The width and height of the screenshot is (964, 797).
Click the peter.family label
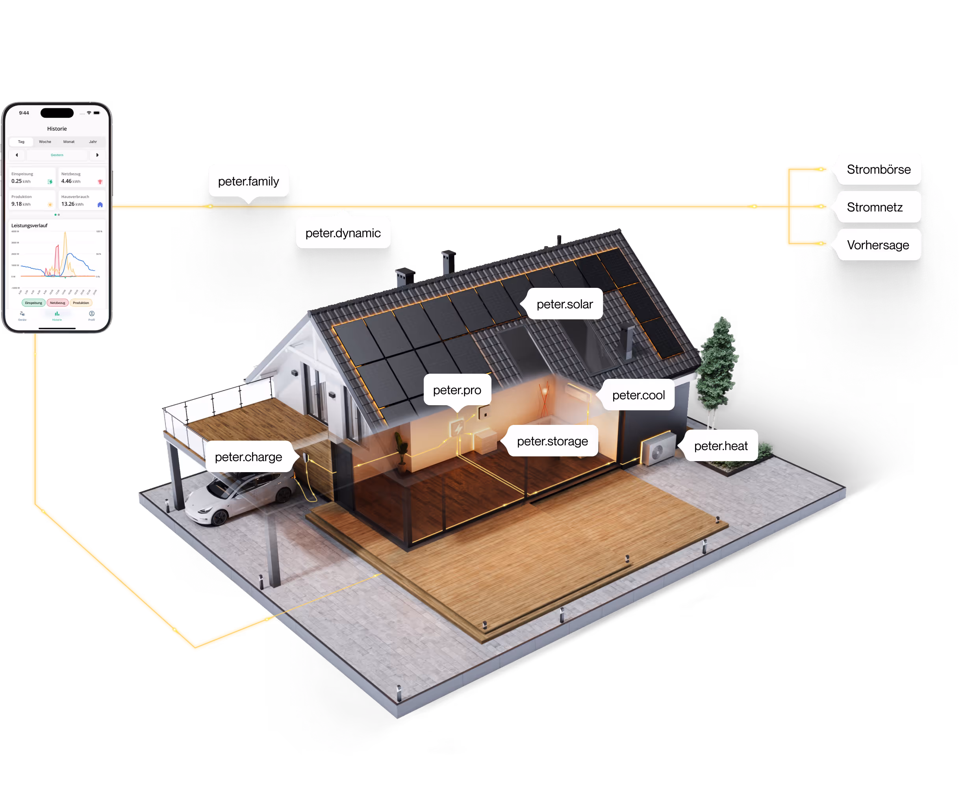(248, 182)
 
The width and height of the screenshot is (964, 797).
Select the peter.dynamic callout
(343, 233)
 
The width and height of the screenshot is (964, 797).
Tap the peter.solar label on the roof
(564, 304)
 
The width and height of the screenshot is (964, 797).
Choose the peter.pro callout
(457, 390)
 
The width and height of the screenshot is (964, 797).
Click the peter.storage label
(552, 441)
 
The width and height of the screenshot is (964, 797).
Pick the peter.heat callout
(720, 445)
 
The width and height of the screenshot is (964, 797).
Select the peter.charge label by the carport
(248, 457)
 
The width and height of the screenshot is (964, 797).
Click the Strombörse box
(878, 169)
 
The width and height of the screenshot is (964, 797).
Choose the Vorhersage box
(878, 245)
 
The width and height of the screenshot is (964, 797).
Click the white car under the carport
(239, 498)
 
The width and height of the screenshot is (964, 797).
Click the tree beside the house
(717, 363)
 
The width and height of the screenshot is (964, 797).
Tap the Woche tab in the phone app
(45, 142)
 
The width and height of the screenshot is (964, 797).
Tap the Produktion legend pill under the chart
(81, 303)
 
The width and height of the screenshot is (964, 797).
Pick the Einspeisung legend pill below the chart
(33, 303)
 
